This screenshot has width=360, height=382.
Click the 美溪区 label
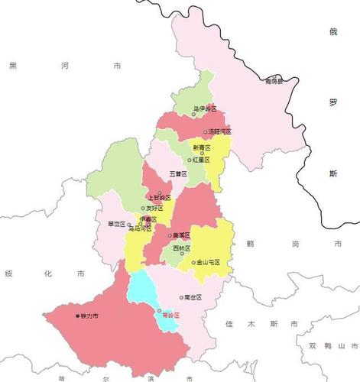(182, 235)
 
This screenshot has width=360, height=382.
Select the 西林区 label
(181, 248)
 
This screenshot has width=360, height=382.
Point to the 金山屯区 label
(208, 262)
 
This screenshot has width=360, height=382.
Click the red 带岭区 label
(170, 315)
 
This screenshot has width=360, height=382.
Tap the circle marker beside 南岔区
(180, 296)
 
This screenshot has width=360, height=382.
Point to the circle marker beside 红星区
(190, 160)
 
